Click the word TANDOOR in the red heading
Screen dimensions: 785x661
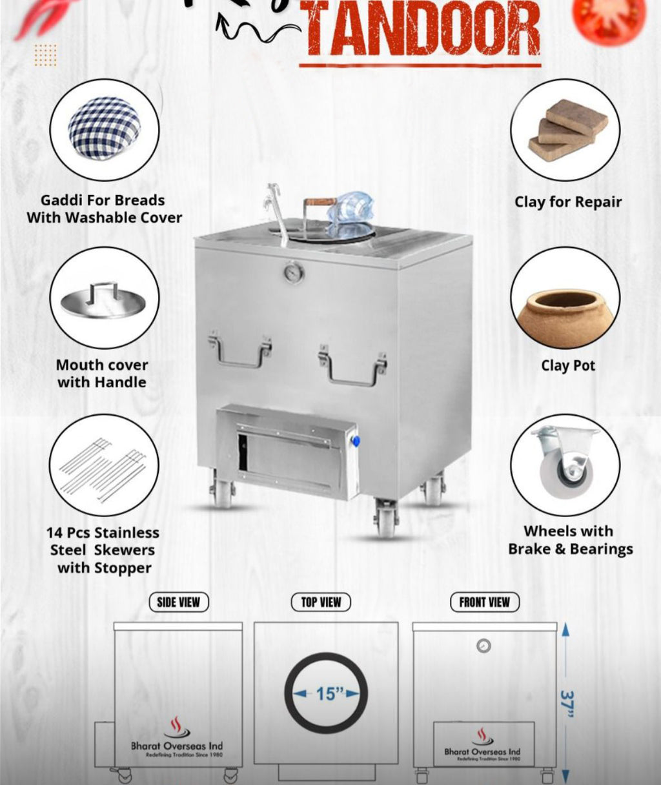pos(422,29)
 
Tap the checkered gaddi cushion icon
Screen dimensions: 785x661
pos(104,127)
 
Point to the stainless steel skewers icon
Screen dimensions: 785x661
pos(103,469)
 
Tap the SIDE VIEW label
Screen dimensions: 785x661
pos(178,602)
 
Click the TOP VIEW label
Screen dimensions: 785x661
pos(321,602)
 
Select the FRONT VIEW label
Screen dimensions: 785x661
pos(484,602)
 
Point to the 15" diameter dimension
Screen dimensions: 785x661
pos(327,694)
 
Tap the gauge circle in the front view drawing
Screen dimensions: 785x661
pos(483,646)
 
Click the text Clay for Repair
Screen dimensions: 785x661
pos(568,202)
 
